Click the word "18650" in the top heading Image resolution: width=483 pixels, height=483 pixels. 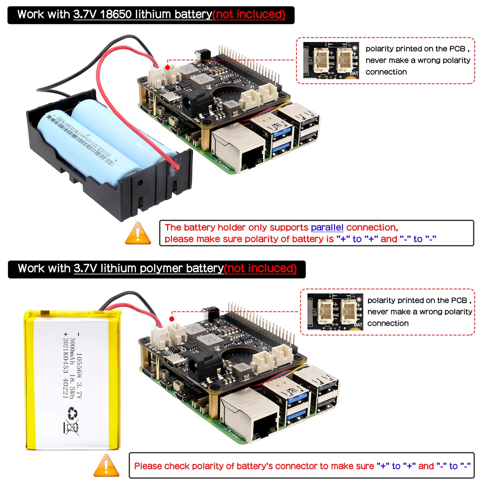116,14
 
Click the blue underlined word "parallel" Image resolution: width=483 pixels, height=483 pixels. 327,228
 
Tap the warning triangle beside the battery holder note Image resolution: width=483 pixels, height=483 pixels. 138,233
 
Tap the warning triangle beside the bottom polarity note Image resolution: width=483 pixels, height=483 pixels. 106,466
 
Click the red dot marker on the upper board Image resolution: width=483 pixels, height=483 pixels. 167,68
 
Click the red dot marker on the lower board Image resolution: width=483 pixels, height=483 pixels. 172,319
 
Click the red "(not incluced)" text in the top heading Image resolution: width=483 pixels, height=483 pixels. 249,14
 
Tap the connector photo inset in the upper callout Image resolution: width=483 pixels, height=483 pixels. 331,61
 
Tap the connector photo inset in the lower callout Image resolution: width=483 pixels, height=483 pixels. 335,312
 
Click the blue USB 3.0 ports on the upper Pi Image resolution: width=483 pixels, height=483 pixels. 282,140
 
